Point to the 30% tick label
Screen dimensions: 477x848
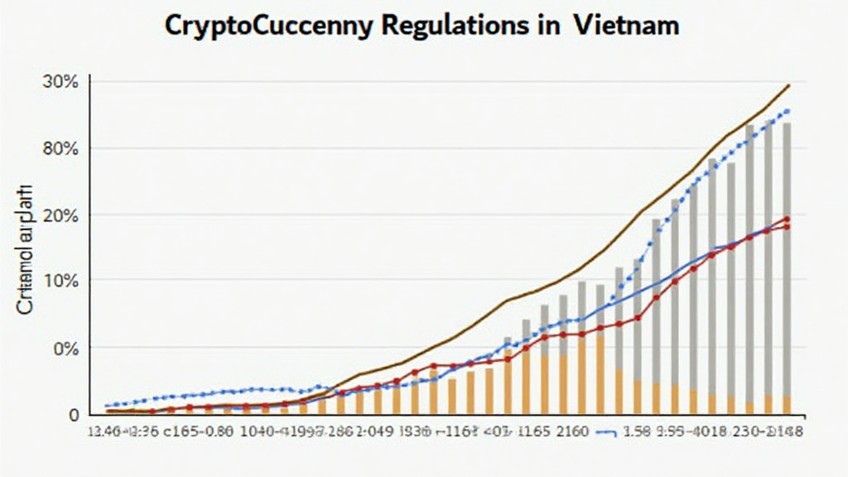(61, 82)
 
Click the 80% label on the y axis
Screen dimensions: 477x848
(61, 149)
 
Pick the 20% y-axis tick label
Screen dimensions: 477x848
(61, 215)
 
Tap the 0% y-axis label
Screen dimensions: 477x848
(65, 348)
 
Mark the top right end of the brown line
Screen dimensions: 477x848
(789, 84)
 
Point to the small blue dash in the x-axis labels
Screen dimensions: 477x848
(610, 432)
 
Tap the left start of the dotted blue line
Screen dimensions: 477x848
(107, 405)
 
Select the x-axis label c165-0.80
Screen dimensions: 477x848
(198, 432)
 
